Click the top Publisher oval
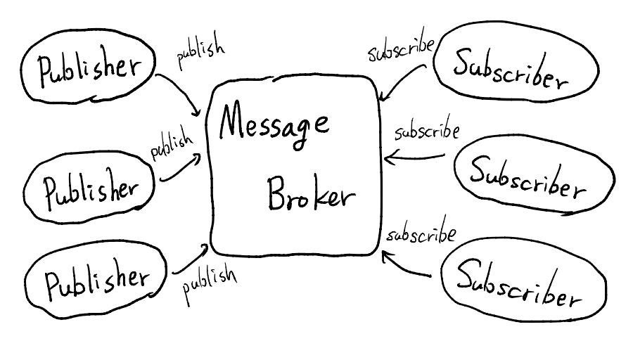coord(88,69)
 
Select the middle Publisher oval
coord(90,188)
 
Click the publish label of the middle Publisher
coord(172,144)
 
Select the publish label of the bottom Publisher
coord(210,281)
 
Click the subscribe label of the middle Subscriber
coord(426,131)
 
